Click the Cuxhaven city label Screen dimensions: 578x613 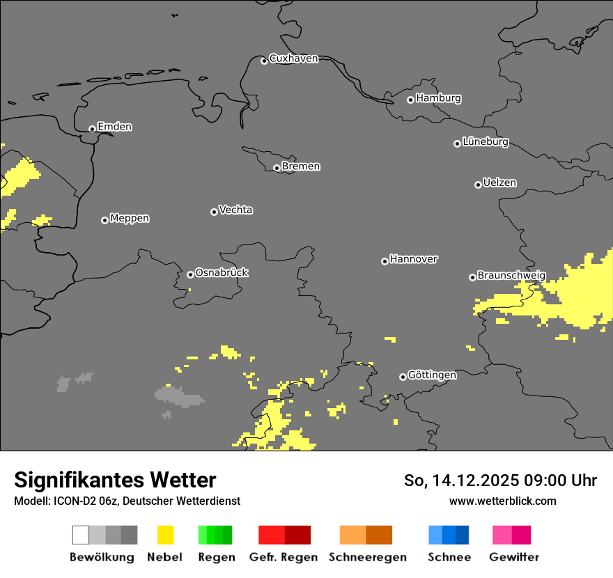[x=293, y=58]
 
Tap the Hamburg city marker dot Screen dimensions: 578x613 [x=410, y=100]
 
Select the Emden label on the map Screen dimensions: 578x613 [x=114, y=127]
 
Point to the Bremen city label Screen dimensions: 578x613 [x=301, y=166]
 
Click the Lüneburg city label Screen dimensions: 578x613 [x=486, y=142]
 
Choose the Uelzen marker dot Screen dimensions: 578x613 [x=478, y=185]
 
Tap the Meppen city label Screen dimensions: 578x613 [x=130, y=218]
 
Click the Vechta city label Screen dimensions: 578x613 [x=235, y=210]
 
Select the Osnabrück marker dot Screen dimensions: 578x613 [x=190, y=274]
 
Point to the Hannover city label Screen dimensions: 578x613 [x=414, y=259]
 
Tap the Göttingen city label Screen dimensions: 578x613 [x=432, y=375]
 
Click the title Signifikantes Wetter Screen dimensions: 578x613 [x=115, y=480]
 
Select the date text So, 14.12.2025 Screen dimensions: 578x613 [x=460, y=481]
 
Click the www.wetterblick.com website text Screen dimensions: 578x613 [x=502, y=501]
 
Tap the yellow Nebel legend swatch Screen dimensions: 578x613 [x=165, y=535]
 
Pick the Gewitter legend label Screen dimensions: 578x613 [x=513, y=557]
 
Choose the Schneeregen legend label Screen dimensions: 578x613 [x=367, y=557]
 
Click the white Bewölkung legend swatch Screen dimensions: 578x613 [x=81, y=535]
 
